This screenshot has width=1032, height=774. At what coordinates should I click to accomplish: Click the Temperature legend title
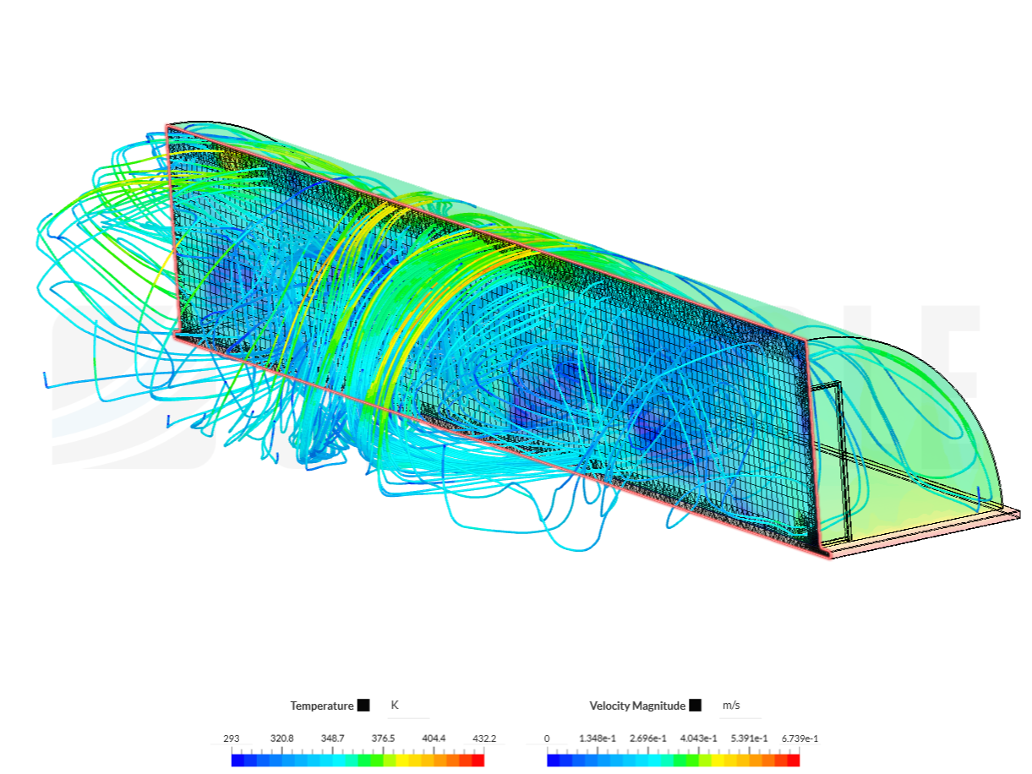tap(321, 706)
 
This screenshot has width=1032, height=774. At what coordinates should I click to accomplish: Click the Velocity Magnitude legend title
tap(637, 706)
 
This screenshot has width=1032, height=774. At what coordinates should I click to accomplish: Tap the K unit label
tap(395, 705)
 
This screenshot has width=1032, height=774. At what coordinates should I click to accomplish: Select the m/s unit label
tap(731, 706)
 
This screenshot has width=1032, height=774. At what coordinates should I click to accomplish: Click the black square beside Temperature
tap(363, 706)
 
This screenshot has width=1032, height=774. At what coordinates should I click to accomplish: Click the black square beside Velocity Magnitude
tap(695, 706)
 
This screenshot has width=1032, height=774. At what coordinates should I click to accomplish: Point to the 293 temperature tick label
tap(232, 739)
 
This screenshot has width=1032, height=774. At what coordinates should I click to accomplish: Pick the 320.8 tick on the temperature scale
tap(281, 739)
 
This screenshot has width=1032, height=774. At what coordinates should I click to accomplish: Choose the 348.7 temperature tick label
tap(332, 739)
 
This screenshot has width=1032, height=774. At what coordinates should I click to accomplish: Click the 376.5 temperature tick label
tap(383, 739)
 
